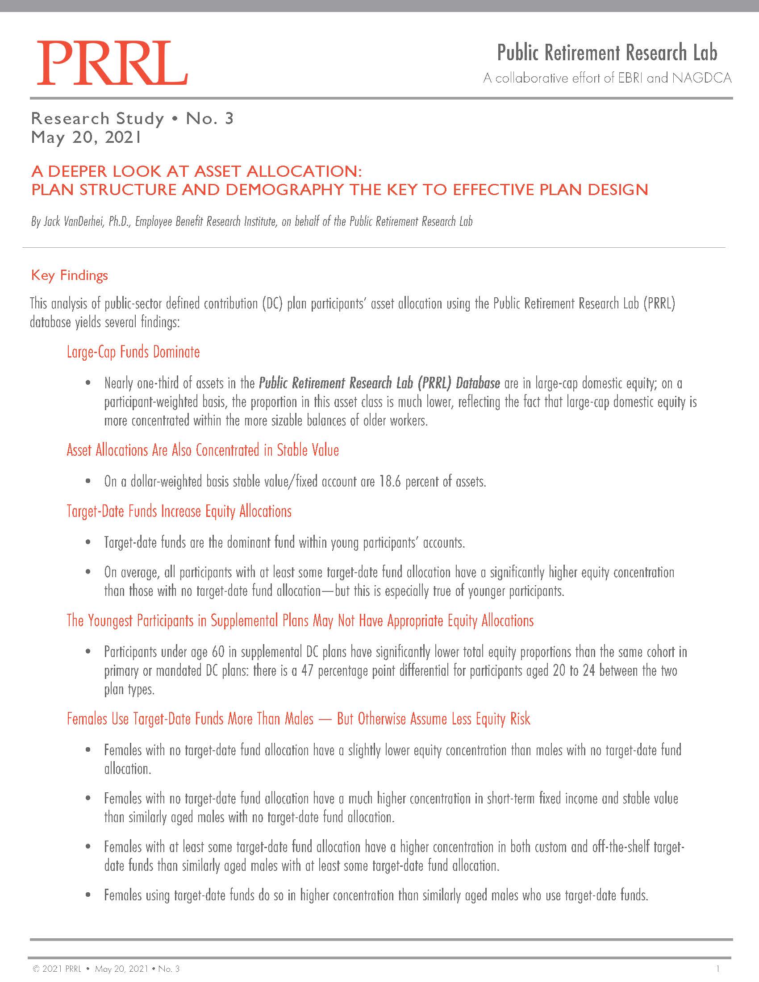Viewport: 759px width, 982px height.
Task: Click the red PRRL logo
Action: coord(112,63)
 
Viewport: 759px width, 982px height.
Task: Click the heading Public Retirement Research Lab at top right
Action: coord(607,53)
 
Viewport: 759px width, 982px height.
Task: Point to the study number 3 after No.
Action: coord(229,118)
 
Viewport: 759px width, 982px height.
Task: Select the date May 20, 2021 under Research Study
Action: coord(86,137)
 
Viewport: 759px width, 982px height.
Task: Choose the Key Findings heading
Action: coord(70,275)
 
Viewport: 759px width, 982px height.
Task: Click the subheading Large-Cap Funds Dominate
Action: coord(133,352)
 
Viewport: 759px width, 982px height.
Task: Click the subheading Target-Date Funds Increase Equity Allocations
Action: coord(179,511)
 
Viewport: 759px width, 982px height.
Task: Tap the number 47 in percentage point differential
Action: coord(307,671)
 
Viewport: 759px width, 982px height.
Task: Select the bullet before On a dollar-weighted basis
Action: coord(88,482)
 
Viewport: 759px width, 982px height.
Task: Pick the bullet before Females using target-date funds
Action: coord(88,895)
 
